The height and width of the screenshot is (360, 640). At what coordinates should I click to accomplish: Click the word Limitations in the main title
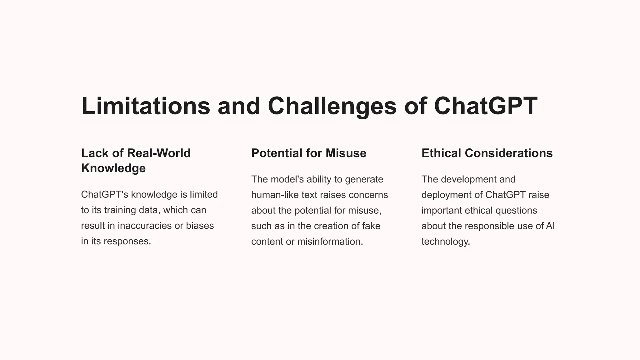[146, 106]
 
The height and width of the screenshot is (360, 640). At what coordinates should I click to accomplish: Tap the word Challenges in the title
[332, 106]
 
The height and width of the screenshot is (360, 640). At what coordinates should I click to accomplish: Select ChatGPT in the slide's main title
[486, 106]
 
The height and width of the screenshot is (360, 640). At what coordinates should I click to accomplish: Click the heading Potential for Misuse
[309, 153]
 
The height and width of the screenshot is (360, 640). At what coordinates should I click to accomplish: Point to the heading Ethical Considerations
[487, 153]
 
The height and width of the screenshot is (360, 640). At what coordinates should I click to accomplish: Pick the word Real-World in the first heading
[159, 153]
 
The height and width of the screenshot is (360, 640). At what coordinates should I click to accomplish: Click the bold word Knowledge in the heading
[113, 168]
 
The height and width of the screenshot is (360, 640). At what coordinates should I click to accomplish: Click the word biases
[200, 226]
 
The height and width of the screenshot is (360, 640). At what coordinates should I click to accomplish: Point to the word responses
[127, 241]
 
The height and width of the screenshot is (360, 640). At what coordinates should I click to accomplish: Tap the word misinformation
[330, 242]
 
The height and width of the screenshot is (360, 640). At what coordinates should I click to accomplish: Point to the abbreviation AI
[550, 226]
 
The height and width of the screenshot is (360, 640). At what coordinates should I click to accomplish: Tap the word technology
[446, 242]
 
